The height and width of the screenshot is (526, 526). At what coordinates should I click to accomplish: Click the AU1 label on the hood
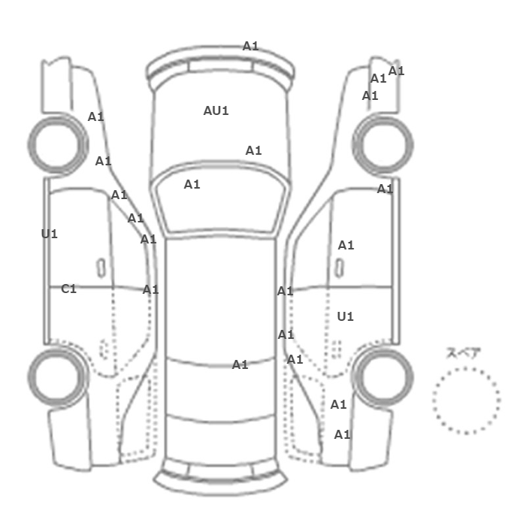click(216, 110)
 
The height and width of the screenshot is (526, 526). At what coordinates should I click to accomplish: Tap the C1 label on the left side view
click(69, 289)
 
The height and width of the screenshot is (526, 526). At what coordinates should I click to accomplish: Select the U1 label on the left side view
click(50, 234)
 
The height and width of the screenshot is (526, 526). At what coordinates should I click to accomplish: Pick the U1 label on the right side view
click(345, 316)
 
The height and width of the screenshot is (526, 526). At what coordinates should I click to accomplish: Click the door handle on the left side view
click(101, 268)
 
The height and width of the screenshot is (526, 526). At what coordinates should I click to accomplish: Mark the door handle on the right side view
click(340, 268)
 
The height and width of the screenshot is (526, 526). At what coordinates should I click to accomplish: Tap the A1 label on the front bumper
click(250, 46)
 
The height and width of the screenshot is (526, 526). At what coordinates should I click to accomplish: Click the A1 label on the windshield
click(192, 184)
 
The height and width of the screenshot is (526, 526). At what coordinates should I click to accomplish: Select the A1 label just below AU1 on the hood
click(254, 150)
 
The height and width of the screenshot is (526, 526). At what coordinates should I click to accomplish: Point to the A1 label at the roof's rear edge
click(240, 364)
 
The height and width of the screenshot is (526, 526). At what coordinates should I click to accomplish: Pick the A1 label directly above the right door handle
click(346, 245)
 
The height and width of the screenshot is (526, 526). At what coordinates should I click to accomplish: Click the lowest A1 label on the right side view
click(342, 435)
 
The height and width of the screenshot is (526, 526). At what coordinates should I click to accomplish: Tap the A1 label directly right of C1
click(150, 289)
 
